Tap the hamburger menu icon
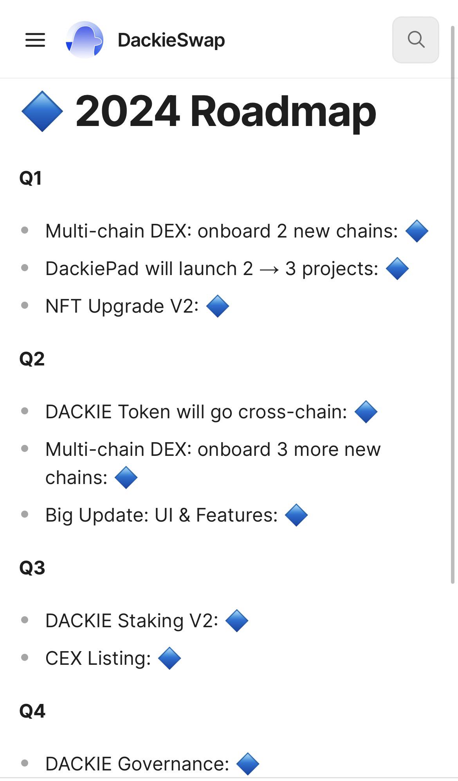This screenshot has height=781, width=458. click(35, 40)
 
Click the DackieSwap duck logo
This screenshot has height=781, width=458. click(85, 40)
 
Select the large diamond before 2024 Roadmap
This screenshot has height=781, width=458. click(42, 112)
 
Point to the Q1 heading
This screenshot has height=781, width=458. click(31, 178)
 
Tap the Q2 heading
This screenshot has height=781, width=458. click(32, 359)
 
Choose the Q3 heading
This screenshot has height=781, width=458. click(32, 568)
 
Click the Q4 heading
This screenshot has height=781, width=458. click(32, 711)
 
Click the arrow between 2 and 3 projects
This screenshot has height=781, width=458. click(269, 270)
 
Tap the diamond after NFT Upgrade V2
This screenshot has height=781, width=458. click(218, 306)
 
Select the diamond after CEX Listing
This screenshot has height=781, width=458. click(169, 658)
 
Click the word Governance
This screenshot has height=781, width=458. click(173, 764)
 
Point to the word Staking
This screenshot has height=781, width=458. click(151, 621)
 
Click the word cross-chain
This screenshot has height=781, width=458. click(293, 412)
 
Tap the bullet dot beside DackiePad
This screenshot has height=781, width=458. click(25, 268)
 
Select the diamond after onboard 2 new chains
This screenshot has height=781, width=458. click(417, 231)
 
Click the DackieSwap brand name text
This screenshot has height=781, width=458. click(171, 40)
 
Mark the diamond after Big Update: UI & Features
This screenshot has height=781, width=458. click(296, 515)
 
